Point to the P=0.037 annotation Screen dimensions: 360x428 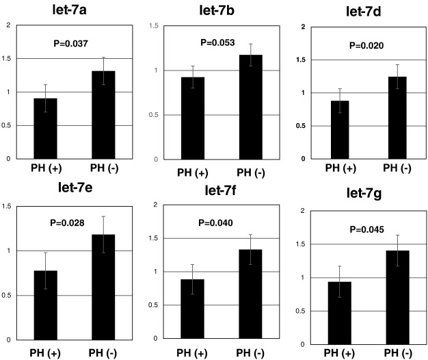pyautogui.click(x=71, y=43)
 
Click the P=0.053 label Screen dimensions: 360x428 pyautogui.click(x=217, y=42)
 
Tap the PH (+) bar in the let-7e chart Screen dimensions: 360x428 pyautogui.click(x=46, y=305)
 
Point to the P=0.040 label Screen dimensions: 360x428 pyautogui.click(x=216, y=222)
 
